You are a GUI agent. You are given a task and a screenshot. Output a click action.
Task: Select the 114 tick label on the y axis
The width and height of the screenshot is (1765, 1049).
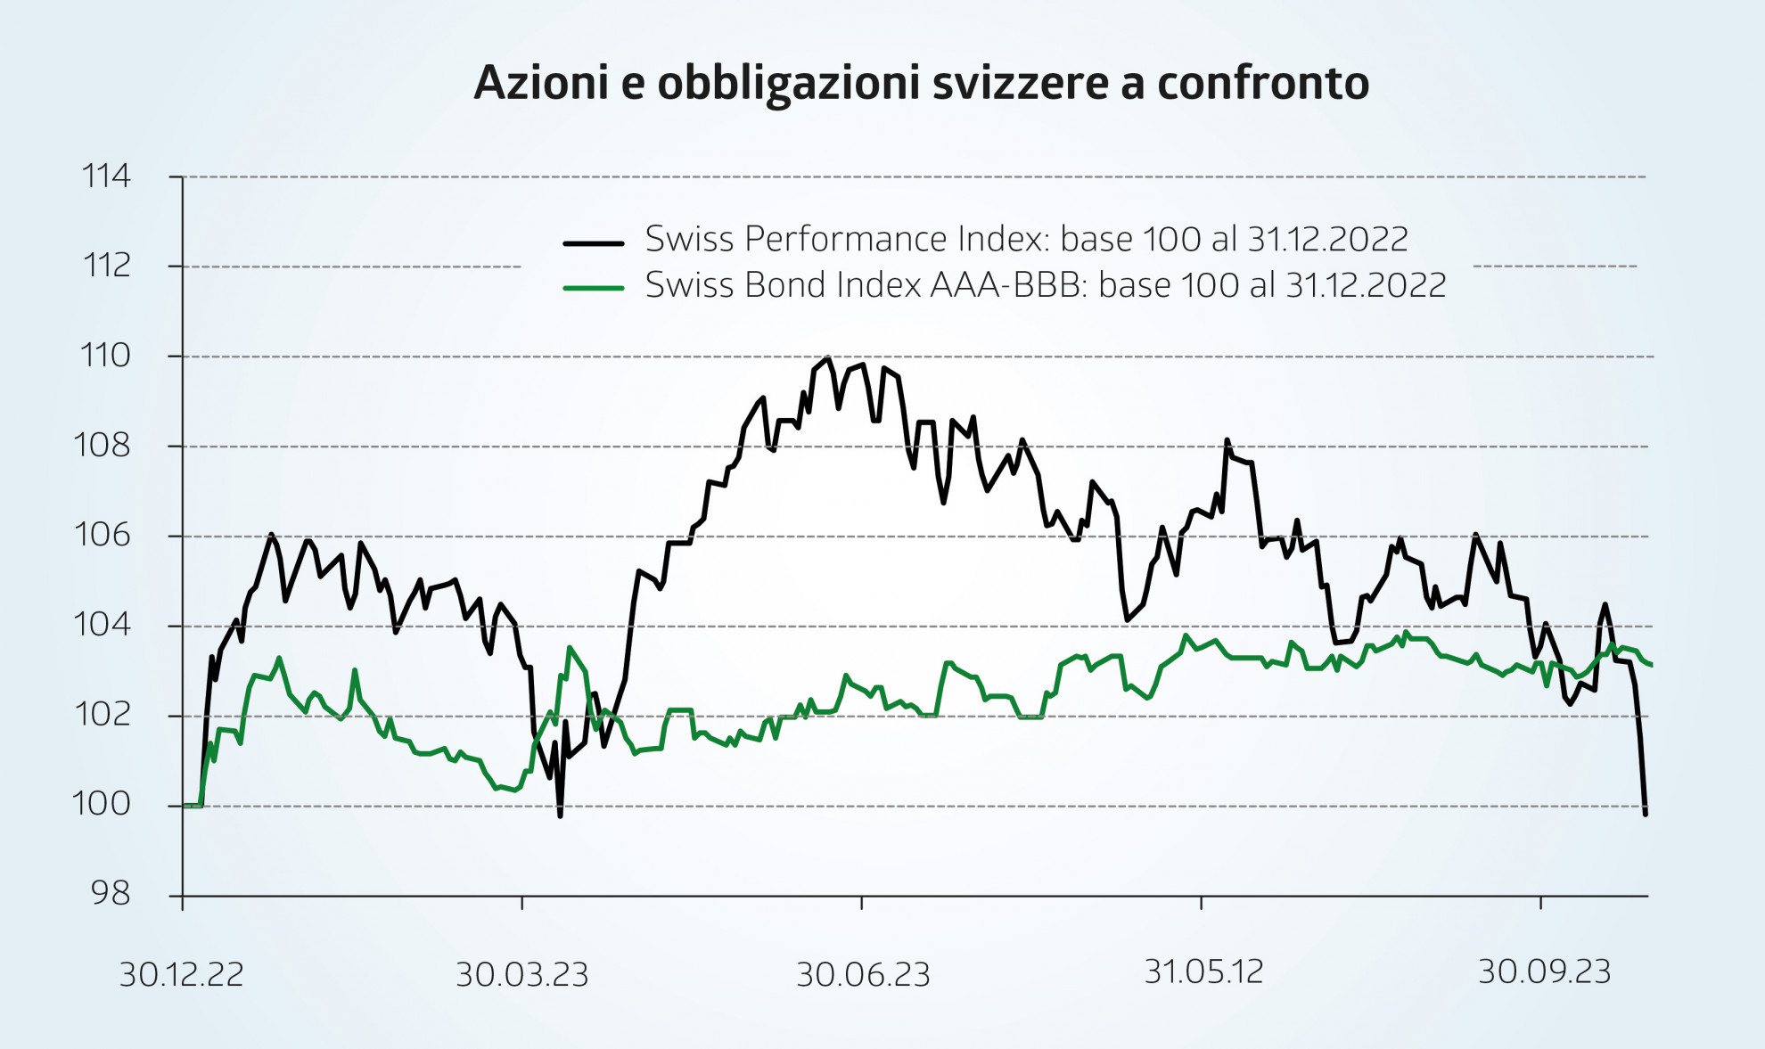coord(106,176)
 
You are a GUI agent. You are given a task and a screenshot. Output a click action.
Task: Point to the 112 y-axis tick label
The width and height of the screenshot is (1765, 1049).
coord(106,266)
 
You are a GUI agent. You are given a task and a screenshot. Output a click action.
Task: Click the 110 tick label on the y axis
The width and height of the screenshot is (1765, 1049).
coord(105,356)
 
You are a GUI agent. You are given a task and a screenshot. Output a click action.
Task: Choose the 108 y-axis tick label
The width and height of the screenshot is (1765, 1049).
coord(103,446)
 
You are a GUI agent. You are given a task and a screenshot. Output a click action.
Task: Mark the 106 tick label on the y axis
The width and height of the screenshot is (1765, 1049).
coord(103,535)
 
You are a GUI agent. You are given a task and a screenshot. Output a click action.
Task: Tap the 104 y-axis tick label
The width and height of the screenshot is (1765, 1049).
coord(103,625)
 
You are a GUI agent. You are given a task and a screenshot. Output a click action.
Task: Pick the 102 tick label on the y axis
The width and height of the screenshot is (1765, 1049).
coord(103,715)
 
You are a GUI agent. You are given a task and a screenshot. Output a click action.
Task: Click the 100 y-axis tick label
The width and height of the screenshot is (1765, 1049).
coord(102,805)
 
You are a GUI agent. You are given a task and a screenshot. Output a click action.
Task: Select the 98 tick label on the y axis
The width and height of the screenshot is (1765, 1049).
coord(111,894)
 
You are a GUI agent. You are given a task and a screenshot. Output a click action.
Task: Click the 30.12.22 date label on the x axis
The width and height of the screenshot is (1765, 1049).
coord(182,975)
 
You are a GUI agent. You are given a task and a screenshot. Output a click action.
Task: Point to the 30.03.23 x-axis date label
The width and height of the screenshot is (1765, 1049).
coord(522,975)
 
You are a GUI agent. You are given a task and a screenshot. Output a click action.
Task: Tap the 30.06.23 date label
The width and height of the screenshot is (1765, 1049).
coord(863,975)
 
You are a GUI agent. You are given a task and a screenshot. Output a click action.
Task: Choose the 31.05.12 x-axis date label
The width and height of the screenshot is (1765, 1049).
coord(1203,971)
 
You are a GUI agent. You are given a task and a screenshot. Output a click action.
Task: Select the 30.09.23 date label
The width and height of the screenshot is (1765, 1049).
coord(1544,971)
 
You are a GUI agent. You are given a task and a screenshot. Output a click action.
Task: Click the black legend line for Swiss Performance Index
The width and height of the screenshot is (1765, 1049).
coord(593,242)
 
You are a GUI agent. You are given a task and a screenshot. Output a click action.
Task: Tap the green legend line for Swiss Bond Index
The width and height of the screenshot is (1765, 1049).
coord(593,288)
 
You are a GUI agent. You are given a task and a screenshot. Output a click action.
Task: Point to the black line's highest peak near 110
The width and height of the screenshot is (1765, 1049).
coord(828,358)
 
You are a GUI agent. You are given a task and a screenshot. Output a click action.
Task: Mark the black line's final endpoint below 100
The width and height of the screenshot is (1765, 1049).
coord(1645,813)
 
